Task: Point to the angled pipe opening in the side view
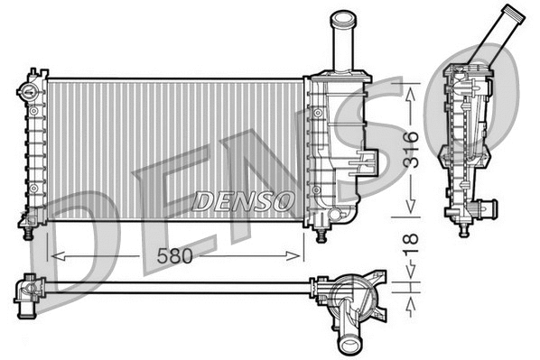512,16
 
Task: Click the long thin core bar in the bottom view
181,287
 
